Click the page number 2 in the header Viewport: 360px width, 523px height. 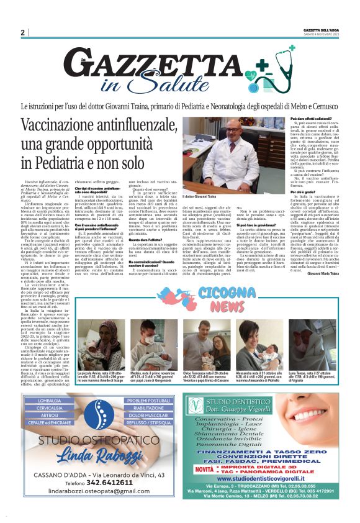point(22,32)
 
